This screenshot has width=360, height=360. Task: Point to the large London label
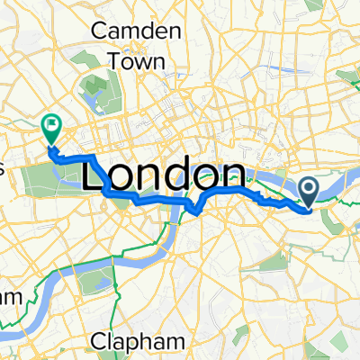pyautogui.click(x=164, y=174)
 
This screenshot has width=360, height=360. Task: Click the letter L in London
pyautogui.click(x=94, y=174)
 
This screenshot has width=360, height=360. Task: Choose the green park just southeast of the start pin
pyautogui.click(x=333, y=217)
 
